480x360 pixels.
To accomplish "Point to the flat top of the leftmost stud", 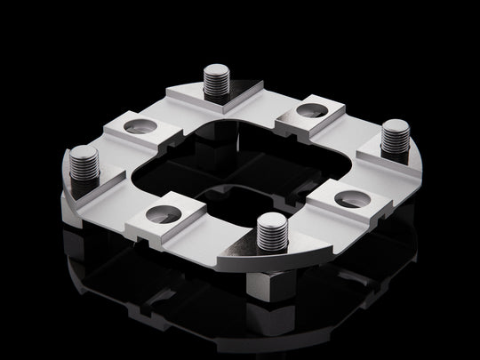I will coord(83,152).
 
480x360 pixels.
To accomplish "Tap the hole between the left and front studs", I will coord(163,213).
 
